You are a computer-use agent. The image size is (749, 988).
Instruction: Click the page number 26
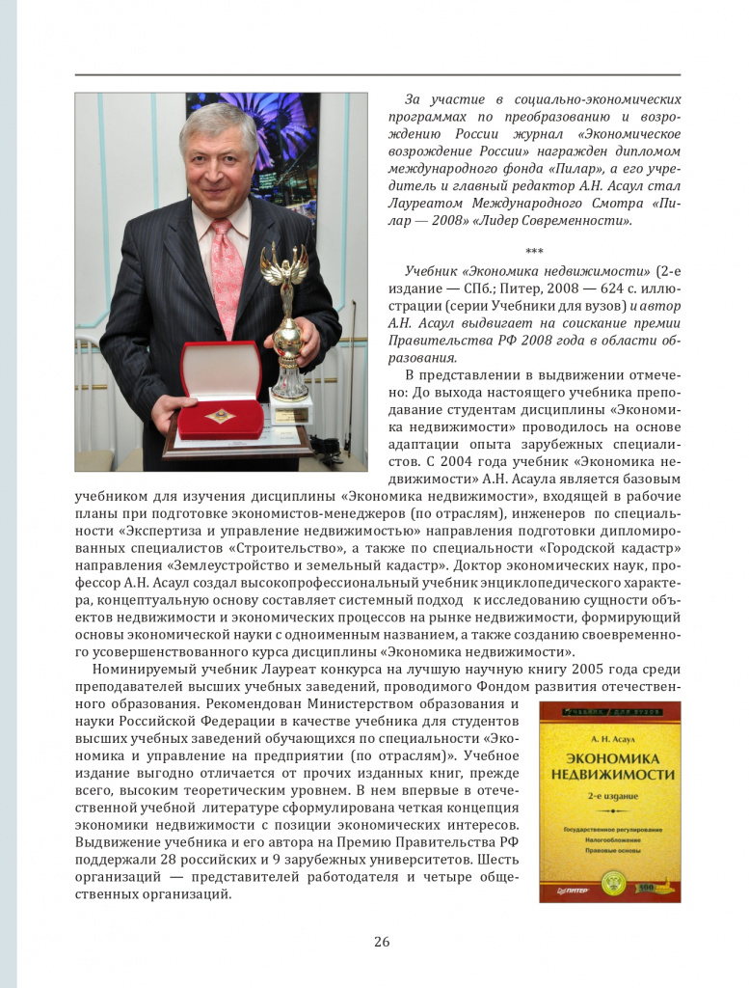[x=382, y=942]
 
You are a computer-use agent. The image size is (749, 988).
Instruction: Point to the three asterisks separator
[x=534, y=252]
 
